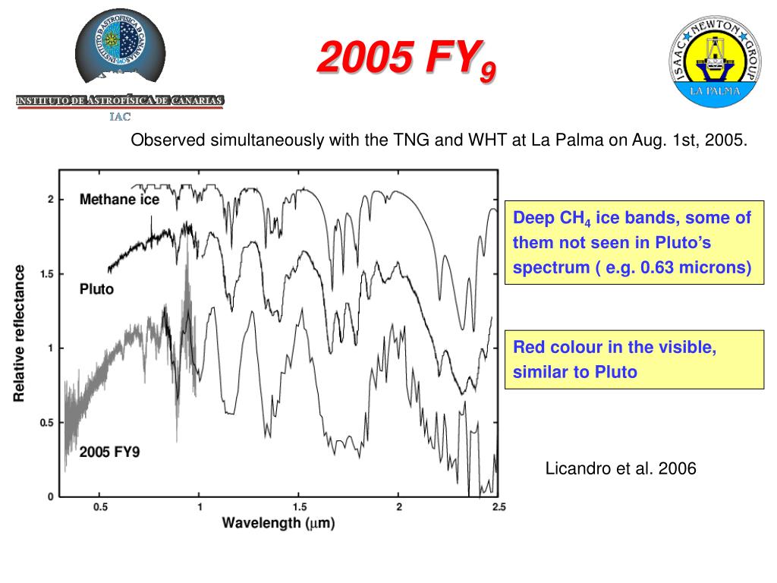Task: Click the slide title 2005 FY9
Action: (x=407, y=60)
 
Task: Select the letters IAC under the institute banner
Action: (x=120, y=117)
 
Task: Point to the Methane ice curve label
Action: (x=119, y=200)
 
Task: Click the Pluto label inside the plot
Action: (x=96, y=289)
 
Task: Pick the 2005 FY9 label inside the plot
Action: (x=109, y=452)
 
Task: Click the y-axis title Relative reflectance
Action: (x=20, y=332)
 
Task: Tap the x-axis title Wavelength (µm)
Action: (x=278, y=523)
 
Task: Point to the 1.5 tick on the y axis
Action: (x=48, y=274)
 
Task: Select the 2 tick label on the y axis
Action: (x=51, y=200)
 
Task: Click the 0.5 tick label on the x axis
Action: (x=99, y=506)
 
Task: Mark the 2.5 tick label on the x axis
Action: (x=498, y=506)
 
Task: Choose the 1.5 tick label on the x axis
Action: (x=299, y=506)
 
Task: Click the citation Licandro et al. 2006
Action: (x=621, y=468)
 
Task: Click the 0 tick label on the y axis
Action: (x=51, y=496)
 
